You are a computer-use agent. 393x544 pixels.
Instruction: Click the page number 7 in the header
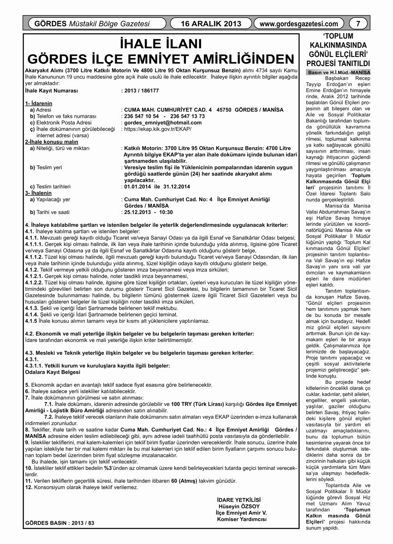pyautogui.click(x=358, y=23)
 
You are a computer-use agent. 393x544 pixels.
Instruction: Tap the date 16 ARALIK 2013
pyautogui.click(x=211, y=23)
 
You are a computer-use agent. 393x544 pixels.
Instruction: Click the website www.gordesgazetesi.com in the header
pyautogui.click(x=299, y=24)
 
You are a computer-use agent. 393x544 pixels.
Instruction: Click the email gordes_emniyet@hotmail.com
pyautogui.click(x=163, y=123)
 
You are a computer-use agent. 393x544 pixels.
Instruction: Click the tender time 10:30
pyautogui.click(x=166, y=212)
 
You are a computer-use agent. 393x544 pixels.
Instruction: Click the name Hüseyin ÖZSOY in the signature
pyautogui.click(x=239, y=507)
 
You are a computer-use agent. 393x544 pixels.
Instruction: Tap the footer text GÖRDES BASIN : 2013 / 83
pyautogui.click(x=60, y=523)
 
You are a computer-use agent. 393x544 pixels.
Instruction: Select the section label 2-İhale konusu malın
pyautogui.click(x=52, y=142)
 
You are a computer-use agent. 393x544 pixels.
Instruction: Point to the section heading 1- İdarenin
pyautogui.click(x=39, y=104)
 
